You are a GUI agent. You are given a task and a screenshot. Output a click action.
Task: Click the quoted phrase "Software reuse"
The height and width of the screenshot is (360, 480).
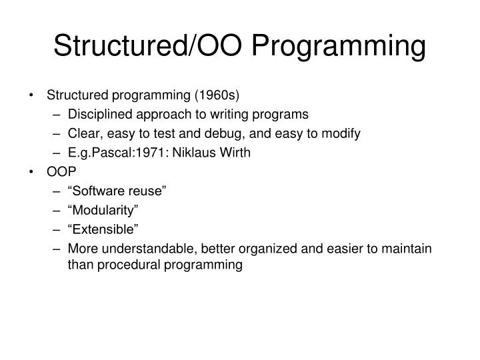coord(117,191)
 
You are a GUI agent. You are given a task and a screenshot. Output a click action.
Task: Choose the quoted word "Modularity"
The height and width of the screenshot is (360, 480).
coord(103,210)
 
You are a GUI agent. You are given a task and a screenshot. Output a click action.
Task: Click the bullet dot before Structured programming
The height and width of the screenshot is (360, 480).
coord(33,95)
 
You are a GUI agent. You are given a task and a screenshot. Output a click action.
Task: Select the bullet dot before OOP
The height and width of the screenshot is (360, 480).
coord(33,171)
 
